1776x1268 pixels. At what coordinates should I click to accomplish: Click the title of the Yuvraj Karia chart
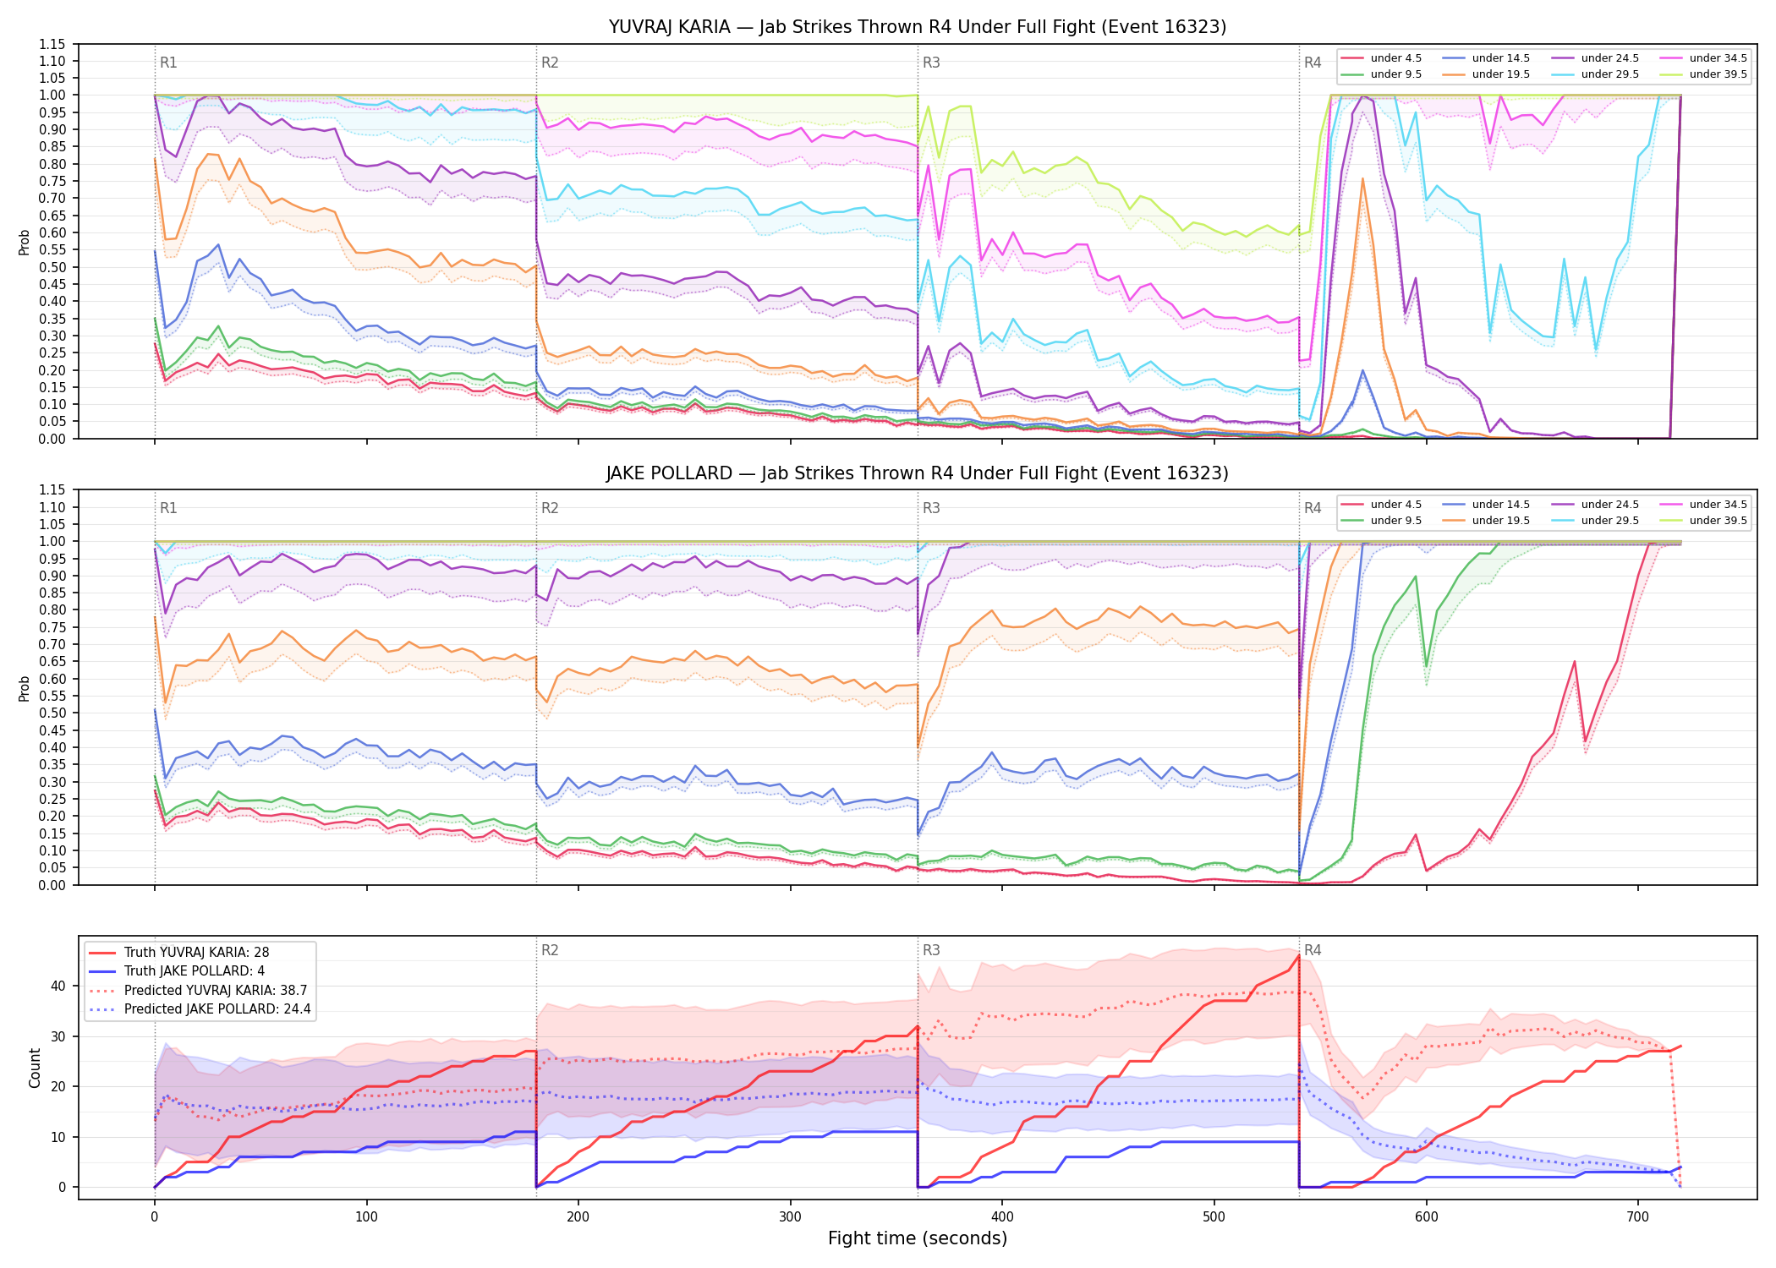[x=918, y=27]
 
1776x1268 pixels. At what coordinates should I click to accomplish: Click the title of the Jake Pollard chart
[x=918, y=473]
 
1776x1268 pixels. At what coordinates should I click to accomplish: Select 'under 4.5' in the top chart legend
[x=1395, y=58]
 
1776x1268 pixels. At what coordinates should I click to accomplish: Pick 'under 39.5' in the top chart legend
[x=1718, y=74]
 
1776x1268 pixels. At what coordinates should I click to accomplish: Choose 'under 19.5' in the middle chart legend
[x=1500, y=521]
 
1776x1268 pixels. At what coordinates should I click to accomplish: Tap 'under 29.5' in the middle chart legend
[x=1609, y=521]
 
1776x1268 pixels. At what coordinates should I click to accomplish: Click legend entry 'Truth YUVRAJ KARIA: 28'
[x=196, y=952]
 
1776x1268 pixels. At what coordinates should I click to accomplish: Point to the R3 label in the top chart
[x=931, y=63]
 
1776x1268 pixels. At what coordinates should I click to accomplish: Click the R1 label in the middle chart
[x=168, y=508]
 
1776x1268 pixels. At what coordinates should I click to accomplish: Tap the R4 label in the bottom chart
[x=1313, y=950]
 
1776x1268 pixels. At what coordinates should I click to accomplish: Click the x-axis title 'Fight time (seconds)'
[x=918, y=1238]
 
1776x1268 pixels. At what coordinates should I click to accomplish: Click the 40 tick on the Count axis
[x=58, y=986]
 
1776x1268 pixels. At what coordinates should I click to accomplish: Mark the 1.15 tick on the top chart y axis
[x=52, y=44]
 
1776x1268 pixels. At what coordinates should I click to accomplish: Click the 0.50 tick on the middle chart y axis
[x=52, y=713]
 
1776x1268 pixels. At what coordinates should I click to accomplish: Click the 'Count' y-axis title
[x=35, y=1069]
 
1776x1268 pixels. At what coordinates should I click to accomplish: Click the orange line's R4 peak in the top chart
[x=1362, y=178]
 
